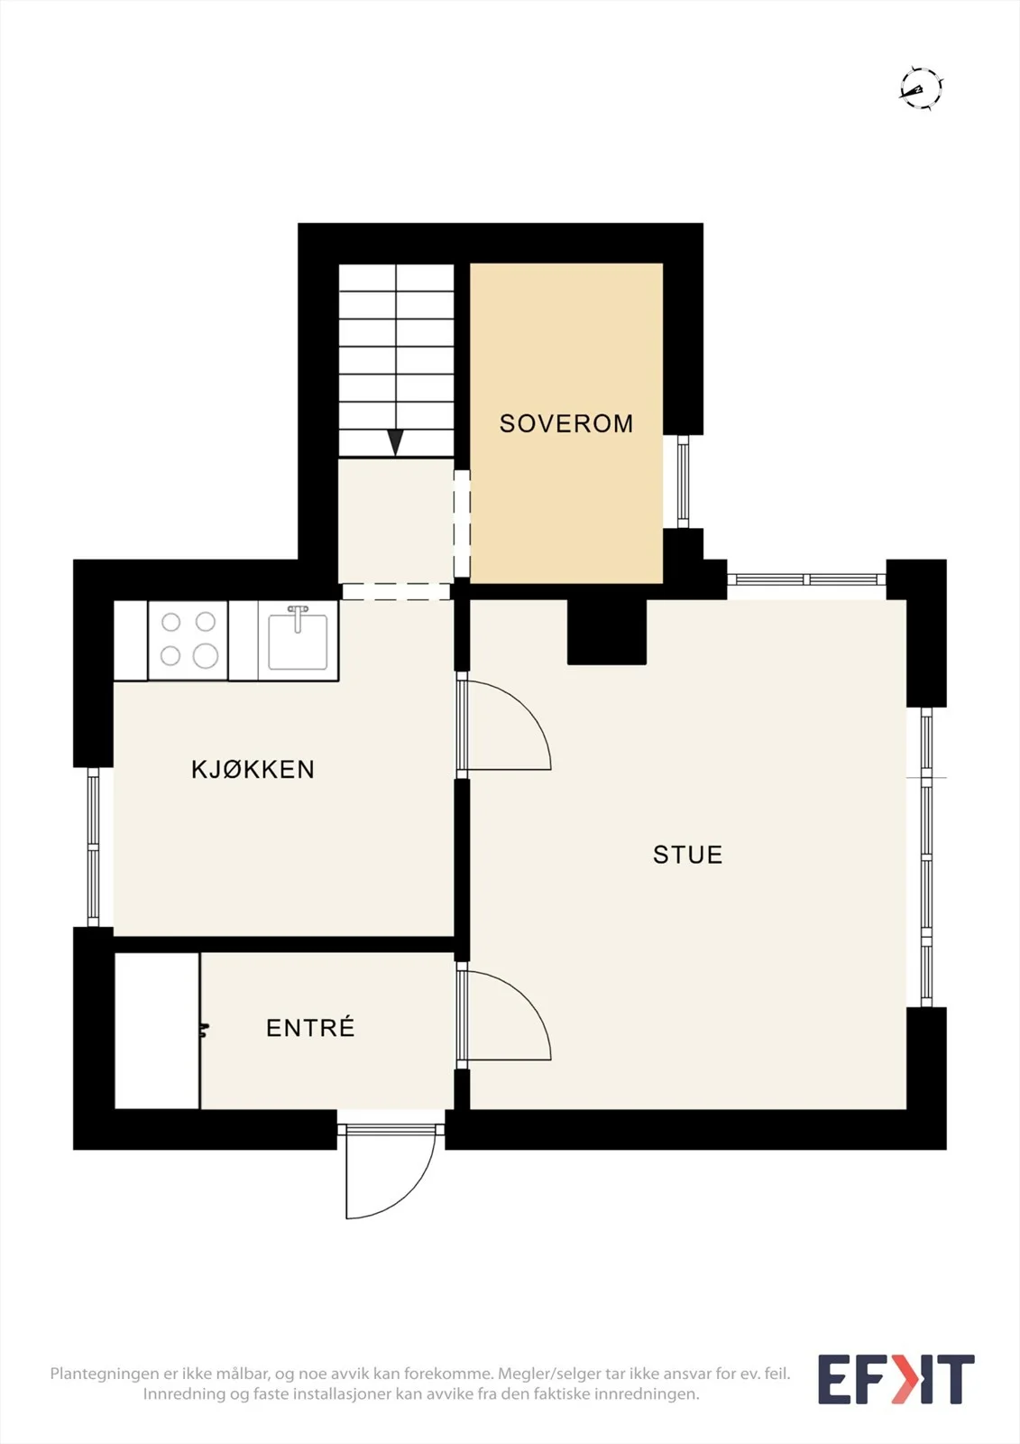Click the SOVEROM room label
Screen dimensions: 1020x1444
coord(566,423)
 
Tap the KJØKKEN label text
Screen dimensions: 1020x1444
coord(253,769)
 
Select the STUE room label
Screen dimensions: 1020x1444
coord(687,854)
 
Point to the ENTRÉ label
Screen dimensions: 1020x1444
coord(310,1027)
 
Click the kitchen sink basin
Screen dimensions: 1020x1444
coord(298,642)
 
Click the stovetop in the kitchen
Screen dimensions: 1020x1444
coord(188,640)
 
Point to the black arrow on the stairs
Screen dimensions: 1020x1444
coord(395,443)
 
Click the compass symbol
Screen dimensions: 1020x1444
coord(921,88)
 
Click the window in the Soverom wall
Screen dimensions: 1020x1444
coord(683,482)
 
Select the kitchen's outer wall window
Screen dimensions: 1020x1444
coord(94,847)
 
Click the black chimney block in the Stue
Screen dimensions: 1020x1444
coord(607,632)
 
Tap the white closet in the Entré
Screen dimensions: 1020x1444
coord(157,1031)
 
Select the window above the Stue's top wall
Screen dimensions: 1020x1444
coord(807,579)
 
